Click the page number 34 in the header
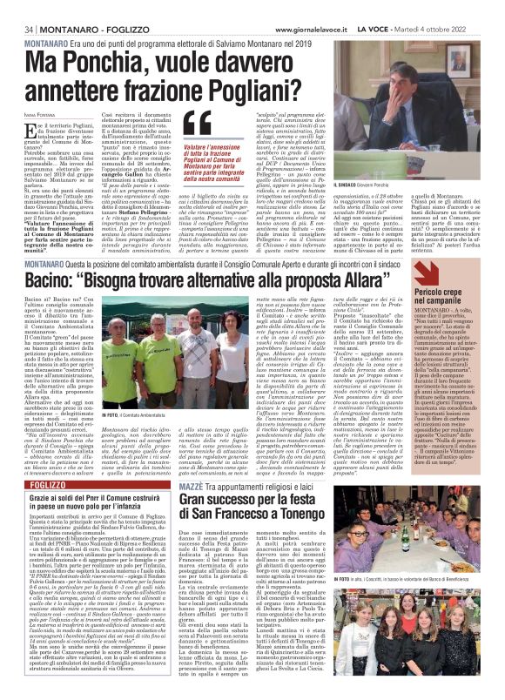pos(17,8)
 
